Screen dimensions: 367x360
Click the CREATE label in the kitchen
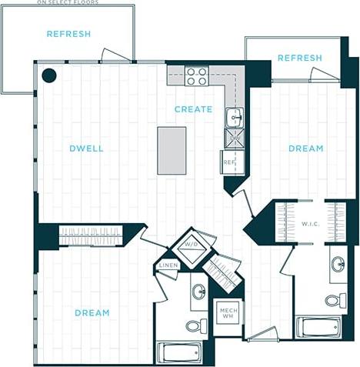point(193,109)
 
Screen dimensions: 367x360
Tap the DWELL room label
point(86,148)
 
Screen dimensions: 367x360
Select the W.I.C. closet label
point(311,224)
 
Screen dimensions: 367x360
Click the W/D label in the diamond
point(189,245)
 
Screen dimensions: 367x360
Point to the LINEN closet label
point(168,266)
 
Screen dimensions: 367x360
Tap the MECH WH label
point(227,311)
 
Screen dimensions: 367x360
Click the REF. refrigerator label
point(229,162)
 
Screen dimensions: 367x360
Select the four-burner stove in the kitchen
point(197,76)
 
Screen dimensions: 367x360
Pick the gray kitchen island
point(172,150)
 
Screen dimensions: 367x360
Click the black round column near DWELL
point(49,75)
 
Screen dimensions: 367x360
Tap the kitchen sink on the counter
point(233,117)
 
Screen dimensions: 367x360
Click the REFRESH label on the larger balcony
point(68,34)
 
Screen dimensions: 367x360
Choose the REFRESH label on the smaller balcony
point(299,58)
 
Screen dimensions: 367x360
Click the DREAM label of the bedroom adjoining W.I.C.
point(305,148)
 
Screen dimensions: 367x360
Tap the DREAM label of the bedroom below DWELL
point(92,313)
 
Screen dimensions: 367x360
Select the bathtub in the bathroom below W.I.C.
point(321,326)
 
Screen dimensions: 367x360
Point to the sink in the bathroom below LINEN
point(198,292)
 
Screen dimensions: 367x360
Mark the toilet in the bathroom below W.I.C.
point(335,299)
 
